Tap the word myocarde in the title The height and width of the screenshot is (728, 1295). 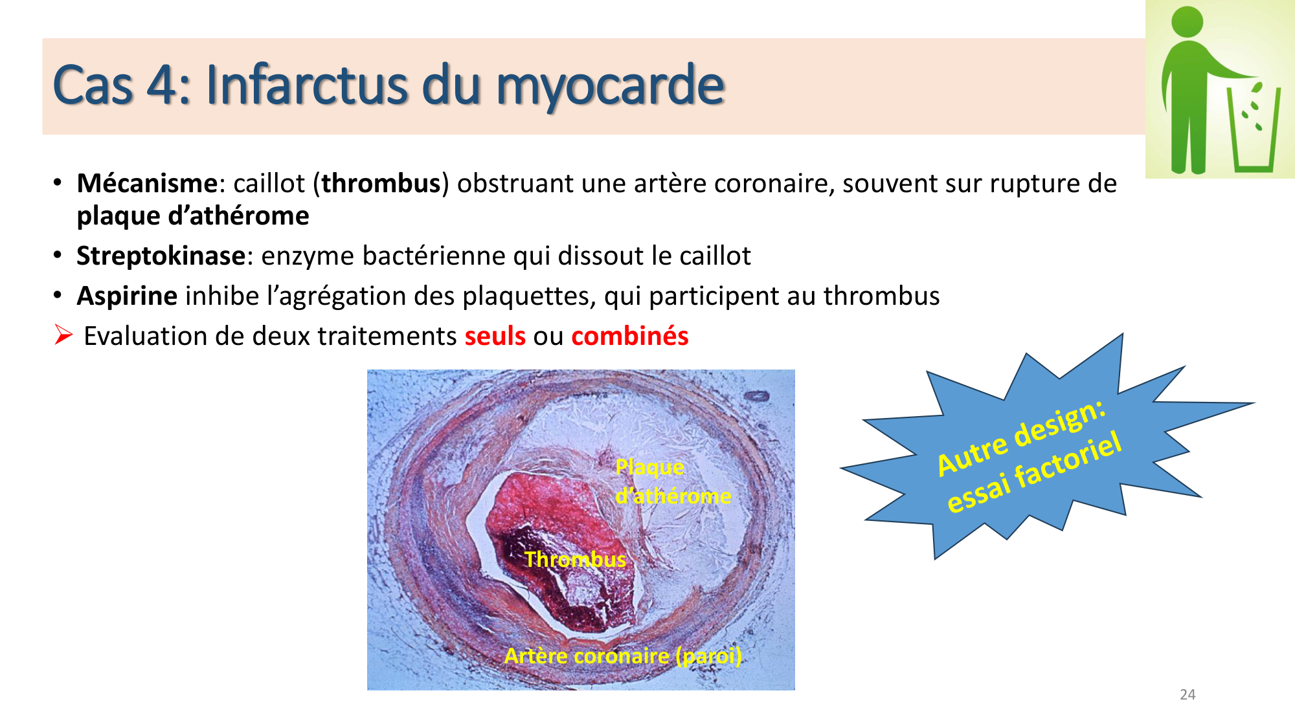coord(610,86)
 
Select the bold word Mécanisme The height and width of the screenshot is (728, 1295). coord(146,184)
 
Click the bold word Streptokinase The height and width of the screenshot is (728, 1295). coord(161,256)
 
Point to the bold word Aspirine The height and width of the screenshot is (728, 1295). coord(127,296)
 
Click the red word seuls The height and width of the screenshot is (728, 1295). coord(495,336)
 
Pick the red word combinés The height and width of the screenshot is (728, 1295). coord(629,336)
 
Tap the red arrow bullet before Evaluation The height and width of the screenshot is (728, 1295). coord(63,335)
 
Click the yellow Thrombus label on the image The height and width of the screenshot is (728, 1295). coord(575,559)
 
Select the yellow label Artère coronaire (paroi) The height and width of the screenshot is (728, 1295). coord(623,656)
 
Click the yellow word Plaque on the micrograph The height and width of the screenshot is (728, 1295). coord(649,467)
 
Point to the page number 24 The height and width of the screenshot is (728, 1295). coord(1188,695)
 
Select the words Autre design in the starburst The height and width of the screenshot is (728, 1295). coord(1021,437)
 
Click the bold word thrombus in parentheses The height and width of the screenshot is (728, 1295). coord(381,184)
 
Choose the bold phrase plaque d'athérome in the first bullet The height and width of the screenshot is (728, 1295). coord(193,216)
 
